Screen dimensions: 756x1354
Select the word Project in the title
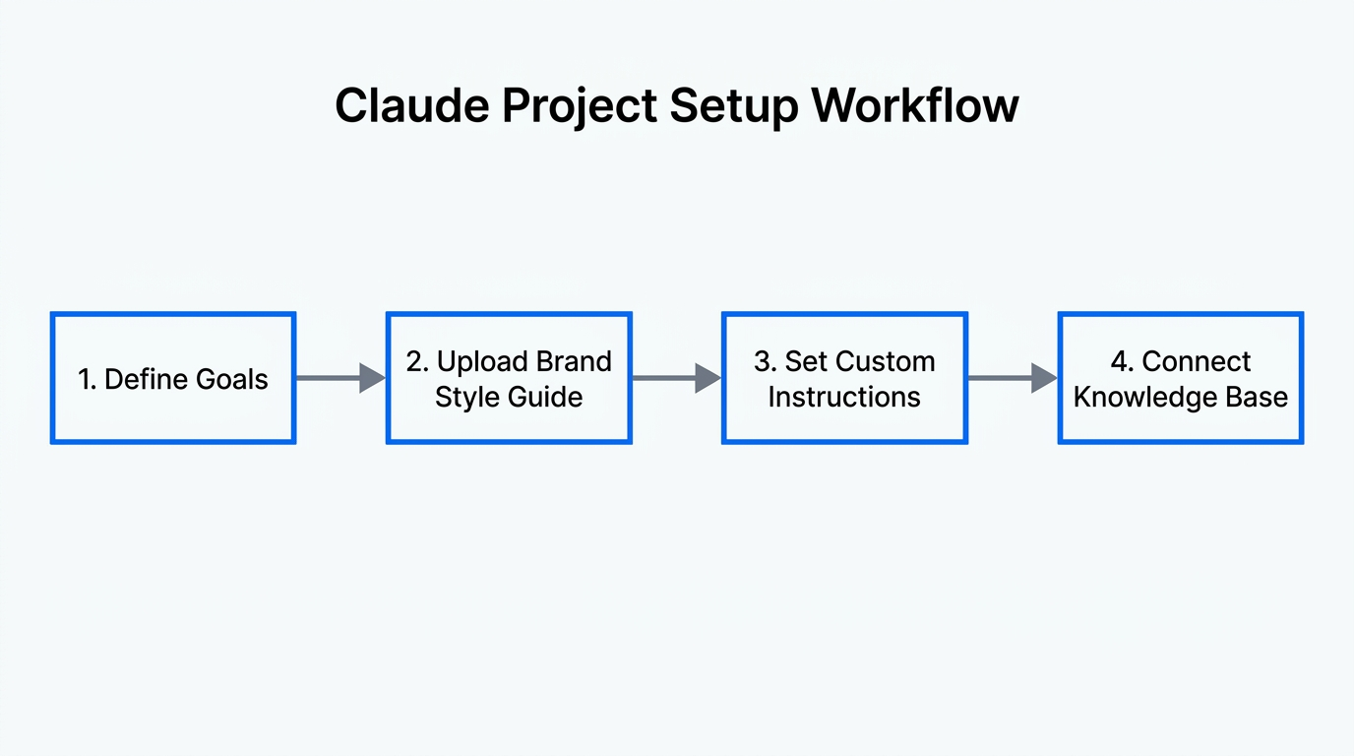pyautogui.click(x=581, y=105)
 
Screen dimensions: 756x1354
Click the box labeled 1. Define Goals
pyautogui.click(x=173, y=379)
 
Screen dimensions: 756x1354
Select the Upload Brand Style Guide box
pyautogui.click(x=509, y=379)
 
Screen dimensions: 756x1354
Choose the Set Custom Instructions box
pyautogui.click(x=844, y=379)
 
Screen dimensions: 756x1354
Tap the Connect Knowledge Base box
pyautogui.click(x=1180, y=379)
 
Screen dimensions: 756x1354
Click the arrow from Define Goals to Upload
pyautogui.click(x=340, y=378)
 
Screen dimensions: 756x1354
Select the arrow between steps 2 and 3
pyautogui.click(x=676, y=378)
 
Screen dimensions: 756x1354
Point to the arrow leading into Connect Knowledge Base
pyautogui.click(x=1013, y=378)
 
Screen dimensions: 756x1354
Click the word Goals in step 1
pyautogui.click(x=230, y=380)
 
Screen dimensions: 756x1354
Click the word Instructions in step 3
pyautogui.click(x=844, y=398)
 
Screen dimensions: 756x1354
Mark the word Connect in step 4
pyautogui.click(x=1197, y=361)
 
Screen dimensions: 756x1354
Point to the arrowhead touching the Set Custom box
pyautogui.click(x=708, y=378)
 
